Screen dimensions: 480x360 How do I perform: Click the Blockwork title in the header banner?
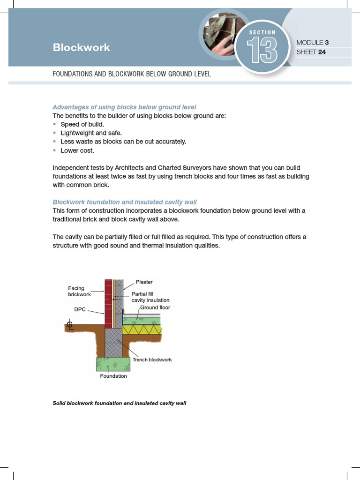pos(82,47)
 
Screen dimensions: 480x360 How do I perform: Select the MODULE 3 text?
pos(312,43)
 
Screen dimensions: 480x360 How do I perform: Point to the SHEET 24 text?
pos(311,52)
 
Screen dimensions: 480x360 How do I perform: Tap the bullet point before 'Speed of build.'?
pos(55,124)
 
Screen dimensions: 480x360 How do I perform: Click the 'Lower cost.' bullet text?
pos(77,150)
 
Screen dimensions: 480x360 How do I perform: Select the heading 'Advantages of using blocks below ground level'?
pos(124,107)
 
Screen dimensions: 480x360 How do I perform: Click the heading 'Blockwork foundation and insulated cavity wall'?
pos(124,202)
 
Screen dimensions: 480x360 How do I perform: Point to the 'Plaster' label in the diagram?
pos(144,282)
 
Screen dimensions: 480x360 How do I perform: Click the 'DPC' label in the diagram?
pos(80,309)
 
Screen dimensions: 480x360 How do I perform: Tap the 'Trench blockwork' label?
pos(152,360)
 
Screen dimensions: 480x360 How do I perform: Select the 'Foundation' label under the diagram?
pos(113,376)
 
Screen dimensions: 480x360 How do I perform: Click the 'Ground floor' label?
pos(155,307)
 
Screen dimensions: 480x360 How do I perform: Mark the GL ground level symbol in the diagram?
pos(70,325)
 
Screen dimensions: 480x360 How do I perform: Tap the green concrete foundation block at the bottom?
pos(113,364)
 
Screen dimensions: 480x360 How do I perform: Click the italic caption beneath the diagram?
pos(120,403)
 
